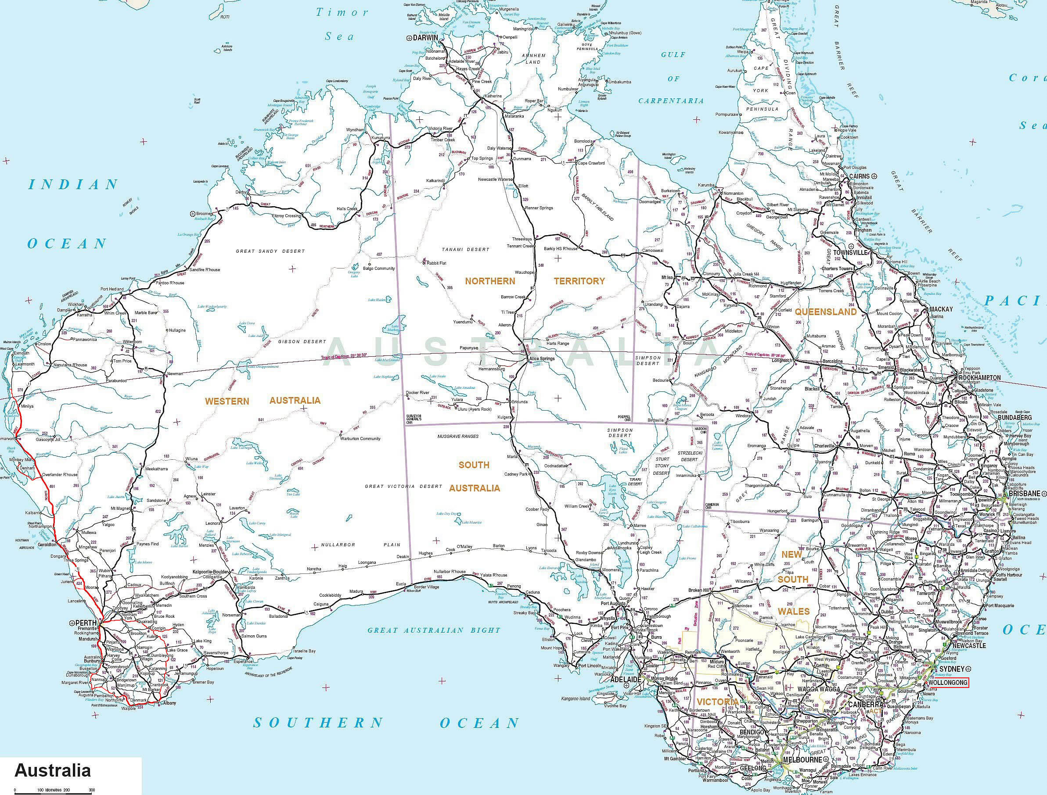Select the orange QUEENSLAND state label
coord(825,312)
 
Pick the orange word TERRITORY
coord(579,281)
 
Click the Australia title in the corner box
coord(53,770)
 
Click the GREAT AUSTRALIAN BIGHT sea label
coord(434,630)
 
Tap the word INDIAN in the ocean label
coord(73,184)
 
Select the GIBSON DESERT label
coord(302,341)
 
